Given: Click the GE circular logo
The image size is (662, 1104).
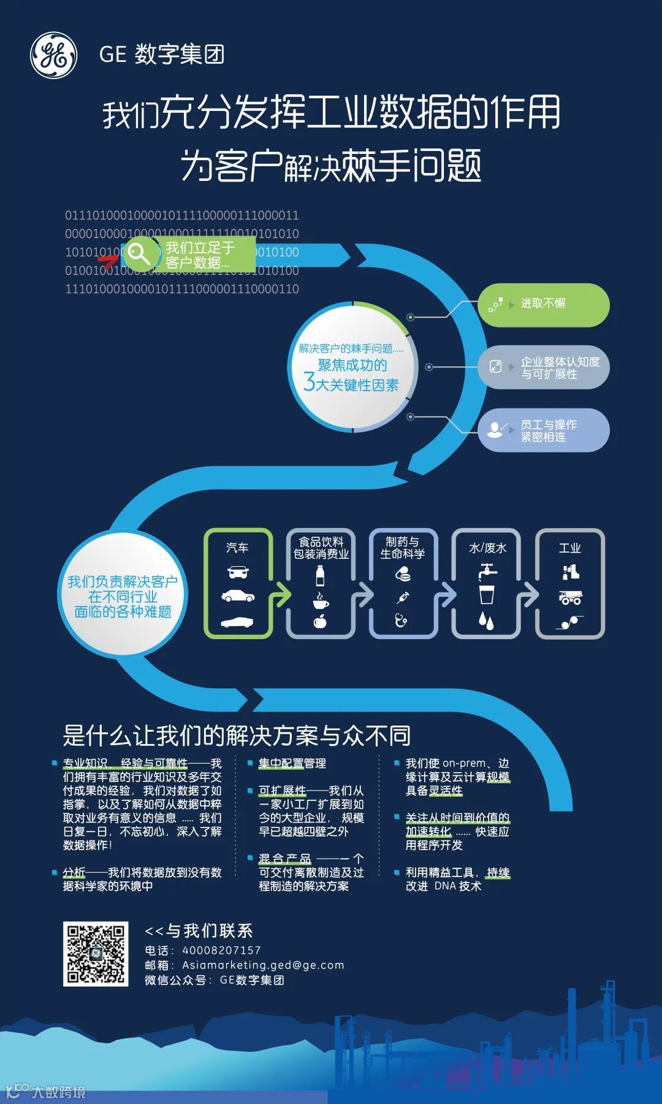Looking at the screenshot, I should pyautogui.click(x=54, y=56).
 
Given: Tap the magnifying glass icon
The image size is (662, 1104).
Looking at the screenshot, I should pyautogui.click(x=138, y=253).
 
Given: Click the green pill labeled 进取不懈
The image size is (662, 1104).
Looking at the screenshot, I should pyautogui.click(x=543, y=304).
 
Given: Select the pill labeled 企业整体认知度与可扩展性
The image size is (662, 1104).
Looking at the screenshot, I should pyautogui.click(x=543, y=367).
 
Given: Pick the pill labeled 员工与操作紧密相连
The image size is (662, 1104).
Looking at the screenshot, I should pyautogui.click(x=543, y=431).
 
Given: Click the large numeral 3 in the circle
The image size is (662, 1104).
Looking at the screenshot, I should pyautogui.click(x=310, y=382).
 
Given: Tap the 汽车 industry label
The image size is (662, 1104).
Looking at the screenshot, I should pyautogui.click(x=237, y=548).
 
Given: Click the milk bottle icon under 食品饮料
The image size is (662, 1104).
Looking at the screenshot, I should pyautogui.click(x=320, y=576).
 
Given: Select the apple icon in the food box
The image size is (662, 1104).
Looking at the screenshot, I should pyautogui.click(x=320, y=622).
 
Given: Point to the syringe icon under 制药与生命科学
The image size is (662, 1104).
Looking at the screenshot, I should pyautogui.click(x=403, y=597).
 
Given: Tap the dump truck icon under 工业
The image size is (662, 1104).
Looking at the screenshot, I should pyautogui.click(x=570, y=597).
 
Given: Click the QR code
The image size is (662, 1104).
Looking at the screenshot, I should pyautogui.click(x=96, y=954).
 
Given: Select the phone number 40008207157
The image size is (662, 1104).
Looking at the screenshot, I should pyautogui.click(x=221, y=950).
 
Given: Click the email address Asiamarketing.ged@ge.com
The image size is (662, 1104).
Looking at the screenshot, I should pyautogui.click(x=263, y=965).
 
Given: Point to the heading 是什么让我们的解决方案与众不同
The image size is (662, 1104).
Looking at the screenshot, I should pyautogui.click(x=237, y=735).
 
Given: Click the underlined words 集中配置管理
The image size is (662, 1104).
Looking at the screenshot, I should pyautogui.click(x=292, y=764).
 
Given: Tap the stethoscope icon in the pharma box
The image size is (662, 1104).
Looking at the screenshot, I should pyautogui.click(x=401, y=620).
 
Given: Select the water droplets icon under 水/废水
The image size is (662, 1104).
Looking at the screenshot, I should pyautogui.click(x=486, y=621).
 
